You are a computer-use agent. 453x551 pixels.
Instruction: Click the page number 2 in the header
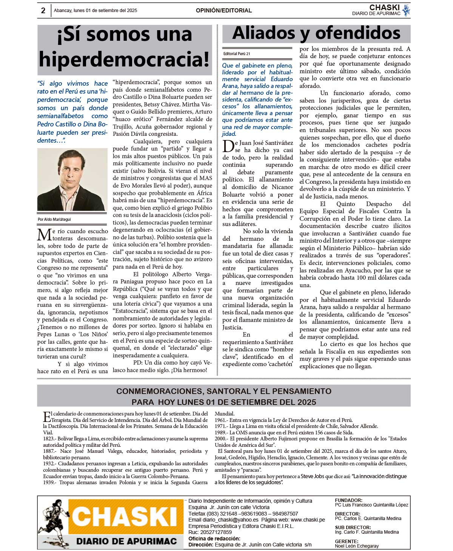click(43, 11)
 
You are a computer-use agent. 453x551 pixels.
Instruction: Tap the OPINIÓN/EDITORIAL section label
click(223, 11)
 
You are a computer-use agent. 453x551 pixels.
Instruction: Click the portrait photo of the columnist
click(72, 180)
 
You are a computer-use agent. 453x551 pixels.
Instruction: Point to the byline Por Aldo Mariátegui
click(54, 219)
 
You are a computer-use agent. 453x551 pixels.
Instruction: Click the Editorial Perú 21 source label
click(236, 54)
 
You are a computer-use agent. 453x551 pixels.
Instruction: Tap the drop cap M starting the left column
click(44, 235)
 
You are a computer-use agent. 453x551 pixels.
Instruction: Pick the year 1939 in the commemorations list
click(49, 482)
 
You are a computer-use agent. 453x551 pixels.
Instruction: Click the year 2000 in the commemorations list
click(220, 439)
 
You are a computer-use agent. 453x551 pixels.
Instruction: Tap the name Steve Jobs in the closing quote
click(312, 476)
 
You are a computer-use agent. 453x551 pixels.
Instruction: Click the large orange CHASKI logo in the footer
click(125, 516)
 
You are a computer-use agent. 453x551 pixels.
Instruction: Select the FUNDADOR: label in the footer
click(348, 500)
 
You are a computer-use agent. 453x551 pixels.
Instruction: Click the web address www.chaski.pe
click(306, 520)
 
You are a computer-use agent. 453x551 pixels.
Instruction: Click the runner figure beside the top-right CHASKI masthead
click(406, 10)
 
